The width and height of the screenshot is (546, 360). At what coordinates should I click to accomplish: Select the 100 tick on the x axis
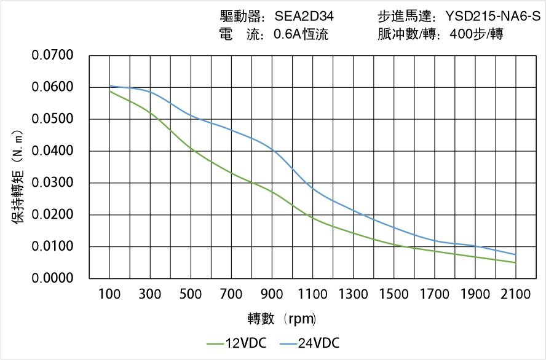pos(110,294)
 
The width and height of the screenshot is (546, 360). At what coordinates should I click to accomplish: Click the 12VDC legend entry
pos(237,343)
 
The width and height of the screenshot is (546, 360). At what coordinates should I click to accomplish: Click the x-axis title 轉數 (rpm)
pos(282,318)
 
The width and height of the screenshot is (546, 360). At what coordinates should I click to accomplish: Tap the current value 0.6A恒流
pos(301,34)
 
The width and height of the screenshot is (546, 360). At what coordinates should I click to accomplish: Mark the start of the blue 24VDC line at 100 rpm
pos(110,86)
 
